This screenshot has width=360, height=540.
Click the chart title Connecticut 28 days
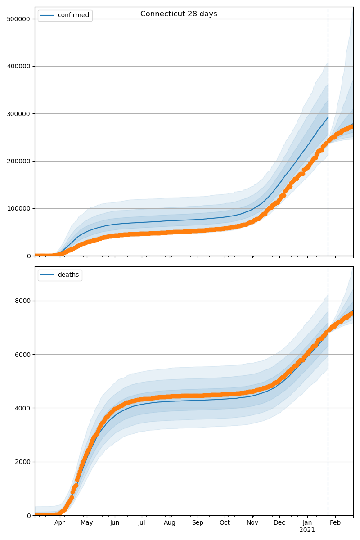click(179, 14)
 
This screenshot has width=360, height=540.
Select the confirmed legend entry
click(73, 15)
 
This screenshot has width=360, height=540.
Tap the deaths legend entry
click(68, 275)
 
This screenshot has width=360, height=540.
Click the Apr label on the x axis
click(60, 523)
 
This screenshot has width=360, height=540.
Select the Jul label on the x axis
click(141, 523)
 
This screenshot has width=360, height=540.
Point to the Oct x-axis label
click(225, 523)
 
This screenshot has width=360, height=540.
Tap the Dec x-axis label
click(279, 523)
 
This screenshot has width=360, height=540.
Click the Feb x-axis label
click(335, 523)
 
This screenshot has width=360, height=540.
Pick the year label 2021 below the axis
click(307, 530)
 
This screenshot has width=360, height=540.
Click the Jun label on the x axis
click(115, 523)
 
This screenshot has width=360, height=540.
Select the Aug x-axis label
click(170, 523)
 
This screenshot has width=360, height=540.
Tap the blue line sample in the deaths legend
click(47, 275)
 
